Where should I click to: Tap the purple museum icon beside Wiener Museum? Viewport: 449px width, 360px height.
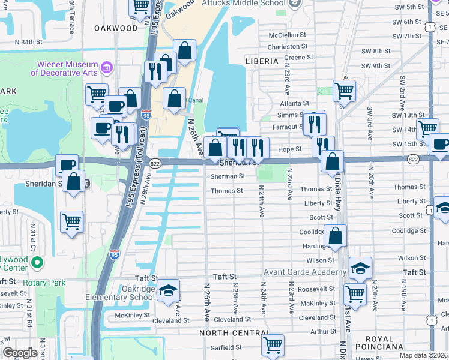pos(107,66)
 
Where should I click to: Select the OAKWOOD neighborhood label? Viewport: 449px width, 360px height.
pos(116,28)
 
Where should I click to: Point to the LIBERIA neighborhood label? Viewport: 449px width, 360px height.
pos(262,61)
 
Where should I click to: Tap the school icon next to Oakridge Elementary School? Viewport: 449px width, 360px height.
pos(169,290)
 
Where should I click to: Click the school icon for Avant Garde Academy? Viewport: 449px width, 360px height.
pos(360,268)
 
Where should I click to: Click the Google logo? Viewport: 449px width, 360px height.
pos(20,353)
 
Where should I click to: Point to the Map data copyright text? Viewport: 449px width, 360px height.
pos(423,355)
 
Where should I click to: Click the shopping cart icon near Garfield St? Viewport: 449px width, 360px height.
pos(273,345)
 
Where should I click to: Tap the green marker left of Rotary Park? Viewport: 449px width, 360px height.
pos(37,263)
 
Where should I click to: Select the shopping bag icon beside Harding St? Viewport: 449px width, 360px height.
pos(336,236)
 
